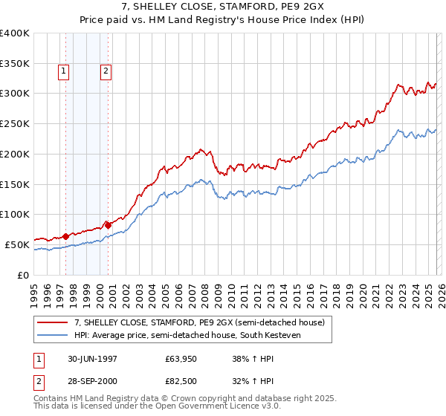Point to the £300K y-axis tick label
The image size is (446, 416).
coord(15,94)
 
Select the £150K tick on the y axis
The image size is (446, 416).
coord(15,184)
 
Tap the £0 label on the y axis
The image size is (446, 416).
coord(23,275)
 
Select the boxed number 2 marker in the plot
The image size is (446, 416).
coord(106,71)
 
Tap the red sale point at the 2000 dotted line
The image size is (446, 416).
coord(109,224)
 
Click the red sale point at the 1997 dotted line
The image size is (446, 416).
coord(65,235)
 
